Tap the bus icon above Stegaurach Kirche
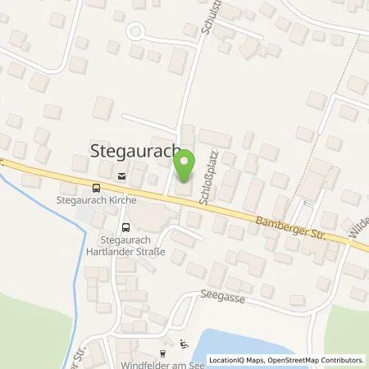tap(97, 187)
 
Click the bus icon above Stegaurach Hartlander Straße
tap(125, 227)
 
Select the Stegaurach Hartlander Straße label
tap(131, 244)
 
